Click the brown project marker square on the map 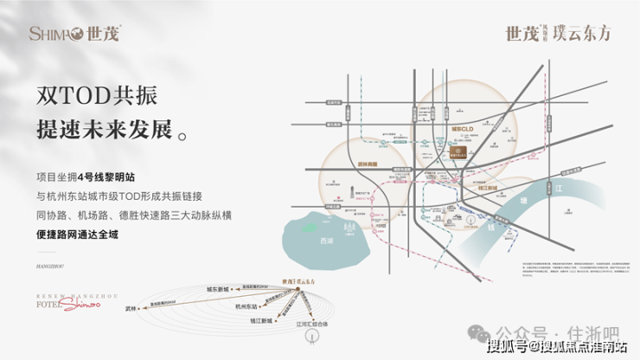[464, 152]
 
